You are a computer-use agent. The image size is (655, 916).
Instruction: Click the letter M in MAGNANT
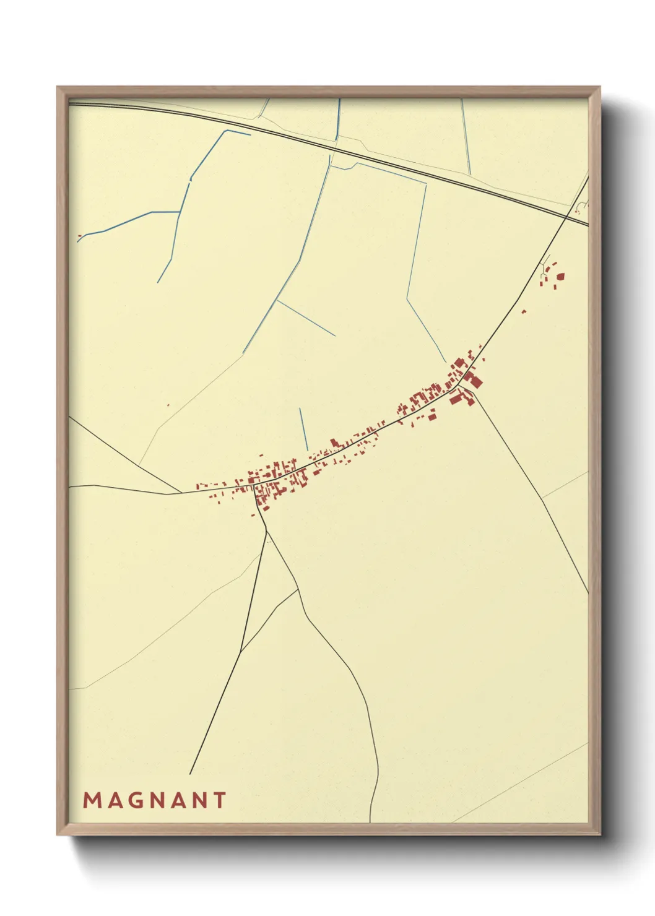[x=91, y=800]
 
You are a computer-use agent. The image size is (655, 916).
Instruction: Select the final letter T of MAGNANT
[x=219, y=800]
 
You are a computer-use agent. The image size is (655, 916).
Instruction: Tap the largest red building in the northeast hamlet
[x=560, y=277]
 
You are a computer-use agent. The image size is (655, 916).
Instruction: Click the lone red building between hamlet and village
[x=524, y=311]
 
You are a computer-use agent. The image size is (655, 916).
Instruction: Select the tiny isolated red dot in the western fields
[x=168, y=405]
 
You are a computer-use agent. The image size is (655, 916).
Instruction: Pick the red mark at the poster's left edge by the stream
[x=79, y=236]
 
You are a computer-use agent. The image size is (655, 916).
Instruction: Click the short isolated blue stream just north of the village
[x=303, y=429]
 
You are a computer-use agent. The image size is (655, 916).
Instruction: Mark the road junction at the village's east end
[x=459, y=386]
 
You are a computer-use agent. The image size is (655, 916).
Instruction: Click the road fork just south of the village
[x=266, y=530]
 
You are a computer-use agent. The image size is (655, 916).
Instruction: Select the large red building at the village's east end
[x=475, y=380]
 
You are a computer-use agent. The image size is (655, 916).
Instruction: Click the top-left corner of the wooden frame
[x=58, y=87]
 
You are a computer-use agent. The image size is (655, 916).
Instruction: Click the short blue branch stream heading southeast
[x=306, y=318]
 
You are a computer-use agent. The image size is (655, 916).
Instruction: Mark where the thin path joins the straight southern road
[x=241, y=651]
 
